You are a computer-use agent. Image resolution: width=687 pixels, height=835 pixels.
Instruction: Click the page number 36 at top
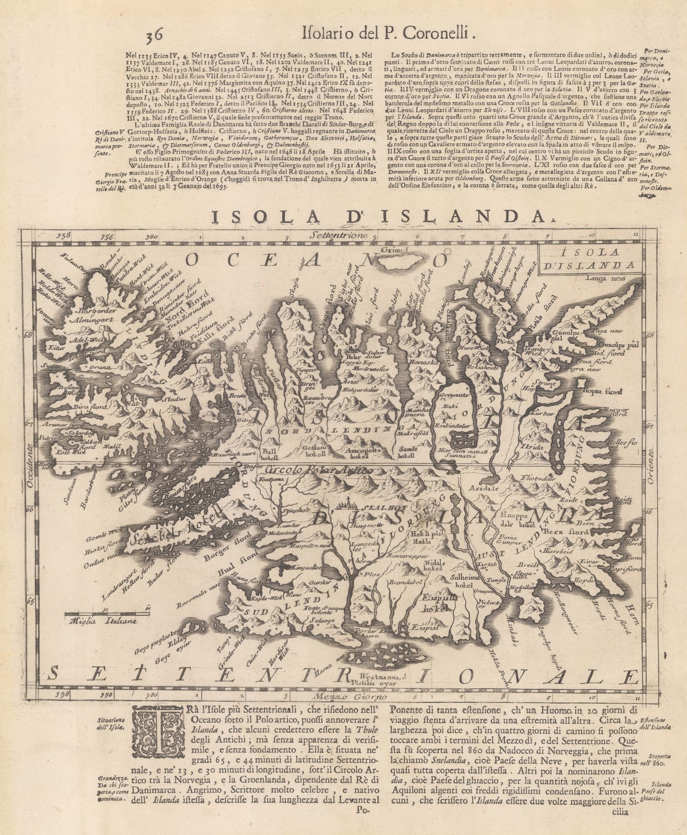155,35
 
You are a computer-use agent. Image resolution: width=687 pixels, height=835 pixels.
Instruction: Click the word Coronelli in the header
444,34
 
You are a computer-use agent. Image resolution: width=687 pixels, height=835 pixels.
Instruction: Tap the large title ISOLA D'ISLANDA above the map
342,215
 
